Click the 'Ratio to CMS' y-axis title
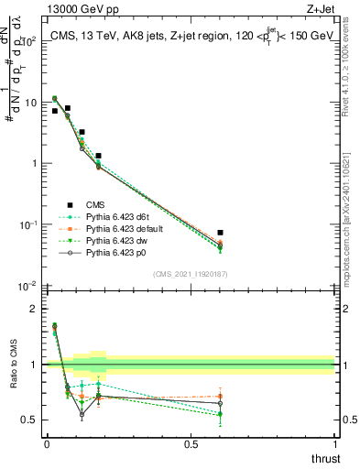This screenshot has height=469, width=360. coord(13,365)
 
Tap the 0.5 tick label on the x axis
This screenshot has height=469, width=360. coord(191,444)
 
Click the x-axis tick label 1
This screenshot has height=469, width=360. coord(335,444)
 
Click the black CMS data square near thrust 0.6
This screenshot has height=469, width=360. coord(220,233)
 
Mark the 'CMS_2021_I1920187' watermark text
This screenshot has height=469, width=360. coord(190,273)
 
